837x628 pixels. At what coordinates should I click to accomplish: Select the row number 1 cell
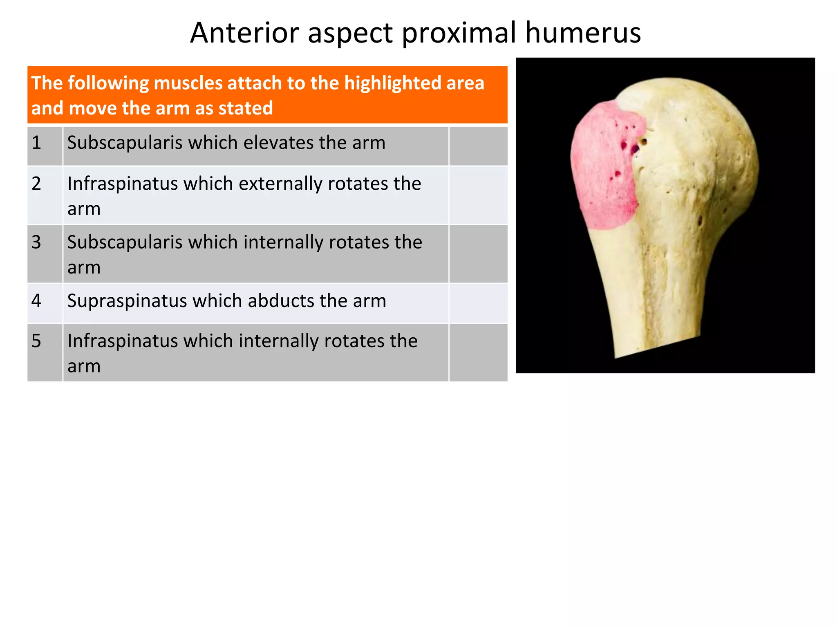coord(45,146)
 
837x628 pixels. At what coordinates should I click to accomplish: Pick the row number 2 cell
coord(45,195)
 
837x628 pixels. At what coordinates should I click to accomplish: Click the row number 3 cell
coord(45,254)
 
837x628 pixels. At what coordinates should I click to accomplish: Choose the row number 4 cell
coord(45,303)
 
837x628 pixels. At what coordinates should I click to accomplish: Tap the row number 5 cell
coord(45,352)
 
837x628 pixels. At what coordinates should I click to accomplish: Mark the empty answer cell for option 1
coord(478,146)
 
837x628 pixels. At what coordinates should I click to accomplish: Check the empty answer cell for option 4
coord(478,303)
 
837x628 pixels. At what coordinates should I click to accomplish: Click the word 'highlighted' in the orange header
coord(392,83)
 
